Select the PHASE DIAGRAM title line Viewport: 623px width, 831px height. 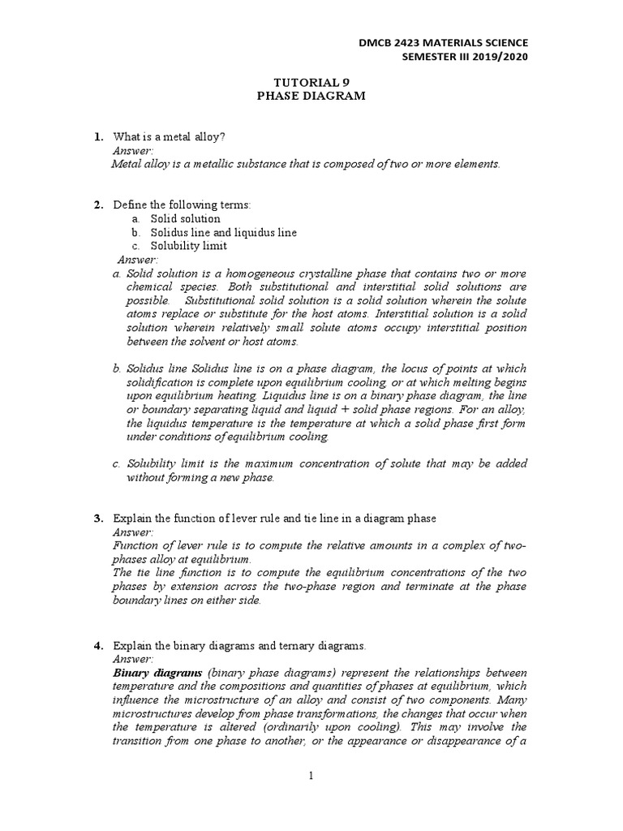(x=311, y=96)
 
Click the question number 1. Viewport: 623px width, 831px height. (x=97, y=137)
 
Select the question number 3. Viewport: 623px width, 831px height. (x=97, y=519)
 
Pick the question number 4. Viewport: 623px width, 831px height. (x=97, y=646)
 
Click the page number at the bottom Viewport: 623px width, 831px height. (x=310, y=776)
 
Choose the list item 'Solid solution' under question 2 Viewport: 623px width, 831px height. (x=184, y=219)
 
